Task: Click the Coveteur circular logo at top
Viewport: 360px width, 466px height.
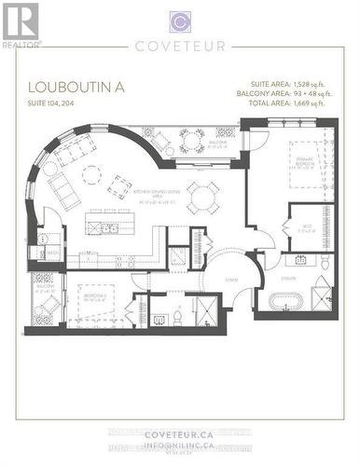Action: [x=180, y=22]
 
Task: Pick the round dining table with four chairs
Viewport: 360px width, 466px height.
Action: [x=201, y=196]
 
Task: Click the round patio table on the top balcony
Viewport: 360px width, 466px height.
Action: [x=192, y=141]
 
